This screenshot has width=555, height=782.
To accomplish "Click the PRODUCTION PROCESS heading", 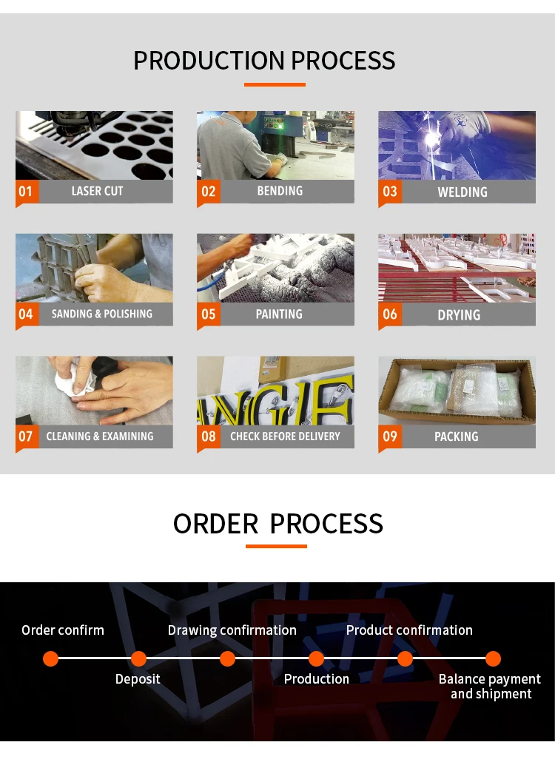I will click(264, 61).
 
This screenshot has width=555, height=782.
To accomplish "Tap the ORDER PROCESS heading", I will click(277, 524).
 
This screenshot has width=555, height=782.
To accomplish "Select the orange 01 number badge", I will click(26, 192).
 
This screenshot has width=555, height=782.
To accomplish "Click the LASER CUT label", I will click(97, 191).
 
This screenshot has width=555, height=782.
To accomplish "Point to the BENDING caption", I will click(280, 191).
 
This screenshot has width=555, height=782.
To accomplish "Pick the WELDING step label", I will click(462, 192).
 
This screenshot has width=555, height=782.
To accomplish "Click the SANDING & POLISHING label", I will click(102, 314).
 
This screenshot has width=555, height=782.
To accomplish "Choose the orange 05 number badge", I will click(209, 314).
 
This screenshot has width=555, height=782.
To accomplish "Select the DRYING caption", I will click(459, 315).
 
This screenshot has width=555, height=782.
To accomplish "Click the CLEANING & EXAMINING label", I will click(100, 436).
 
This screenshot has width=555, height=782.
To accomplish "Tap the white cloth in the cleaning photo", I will click(73, 382).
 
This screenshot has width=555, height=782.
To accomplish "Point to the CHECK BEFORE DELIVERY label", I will click(285, 436).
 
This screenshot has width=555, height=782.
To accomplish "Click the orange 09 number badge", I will click(390, 436).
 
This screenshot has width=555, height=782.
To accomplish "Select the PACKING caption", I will click(457, 436).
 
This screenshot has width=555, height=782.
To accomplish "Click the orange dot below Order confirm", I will click(50, 658).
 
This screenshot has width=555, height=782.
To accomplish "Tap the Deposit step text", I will click(138, 679).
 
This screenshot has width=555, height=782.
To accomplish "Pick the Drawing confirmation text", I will click(232, 630).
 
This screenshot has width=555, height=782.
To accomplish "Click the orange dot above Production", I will click(316, 658).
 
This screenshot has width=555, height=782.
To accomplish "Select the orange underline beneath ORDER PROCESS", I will click(276, 547).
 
